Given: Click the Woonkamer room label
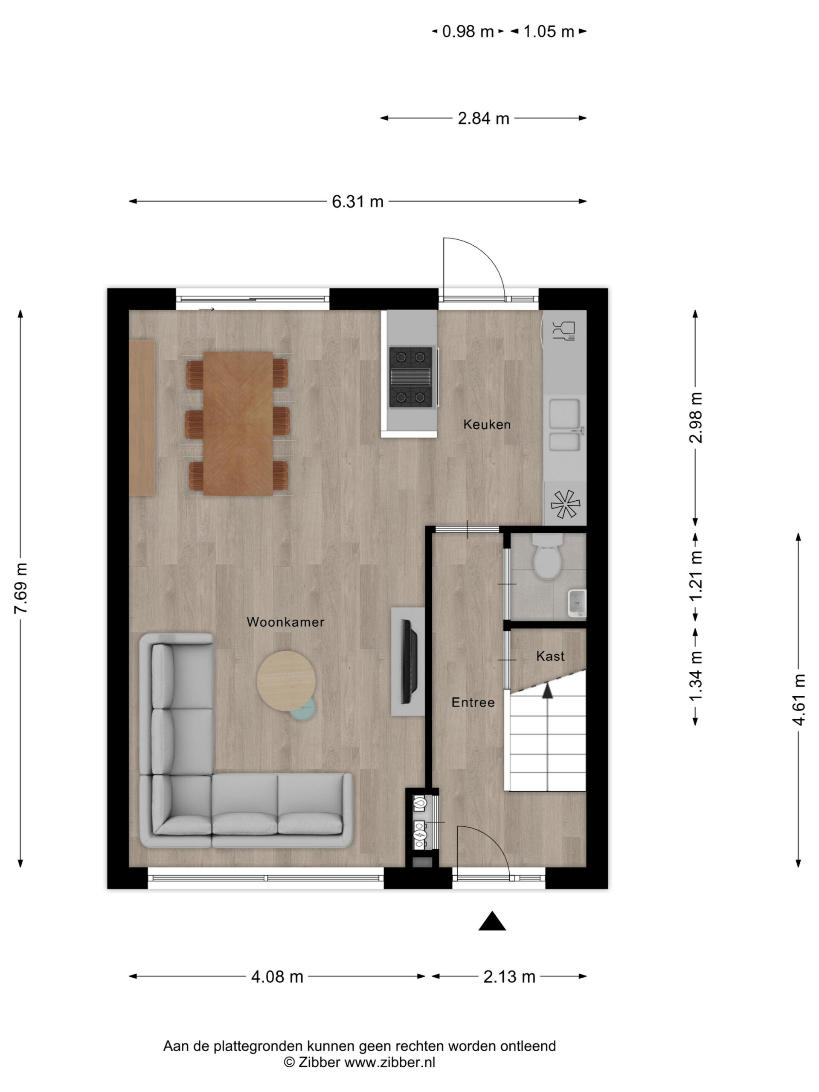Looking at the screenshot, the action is pos(285,622).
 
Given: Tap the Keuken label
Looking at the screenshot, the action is pos(487,424).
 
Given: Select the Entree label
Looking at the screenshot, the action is pos(473,702).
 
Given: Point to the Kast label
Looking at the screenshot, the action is pos(550,656).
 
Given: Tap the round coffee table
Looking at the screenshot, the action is pos(286,682).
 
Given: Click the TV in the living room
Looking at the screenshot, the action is pos(409,662).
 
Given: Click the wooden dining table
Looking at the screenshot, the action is pos(238,424).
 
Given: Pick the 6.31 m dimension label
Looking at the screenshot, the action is pos(357,201).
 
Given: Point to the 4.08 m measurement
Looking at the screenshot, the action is pos(277,976).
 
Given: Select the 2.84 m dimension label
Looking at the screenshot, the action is pos(483,119).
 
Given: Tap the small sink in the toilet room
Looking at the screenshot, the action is pos(577,603).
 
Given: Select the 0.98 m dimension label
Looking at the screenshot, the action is pos(468,32).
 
